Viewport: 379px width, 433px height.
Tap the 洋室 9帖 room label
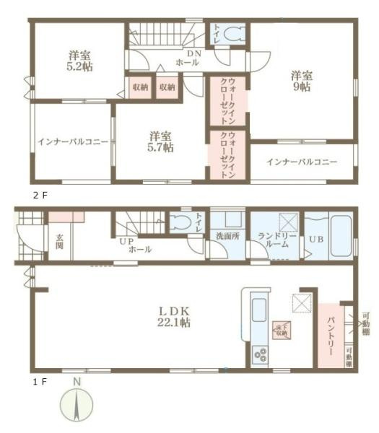point(302,80)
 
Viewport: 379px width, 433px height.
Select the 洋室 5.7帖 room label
point(161,141)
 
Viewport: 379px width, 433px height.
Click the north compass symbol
point(77,402)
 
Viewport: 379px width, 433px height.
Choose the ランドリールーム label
point(274,240)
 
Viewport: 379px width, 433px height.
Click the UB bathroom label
point(316,239)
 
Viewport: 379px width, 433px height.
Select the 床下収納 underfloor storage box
point(282,331)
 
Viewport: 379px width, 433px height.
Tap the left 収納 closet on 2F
point(140,87)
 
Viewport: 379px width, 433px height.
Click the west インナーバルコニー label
point(71,142)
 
